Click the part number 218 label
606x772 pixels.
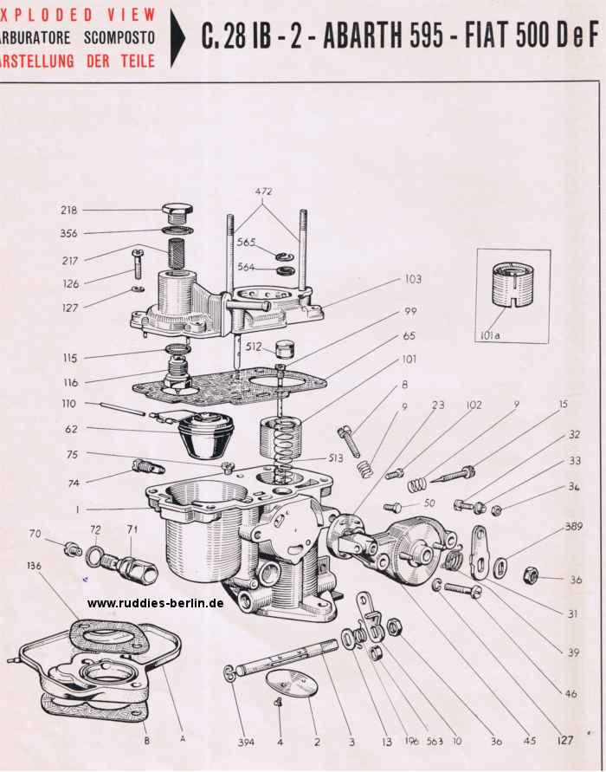(68, 210)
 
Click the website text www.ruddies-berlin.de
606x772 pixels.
(156, 602)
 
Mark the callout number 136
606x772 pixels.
(34, 566)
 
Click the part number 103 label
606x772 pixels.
(412, 279)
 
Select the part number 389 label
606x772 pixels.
(573, 526)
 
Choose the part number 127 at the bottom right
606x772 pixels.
(565, 741)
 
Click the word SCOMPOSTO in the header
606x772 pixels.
(120, 38)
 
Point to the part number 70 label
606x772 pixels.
(35, 533)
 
